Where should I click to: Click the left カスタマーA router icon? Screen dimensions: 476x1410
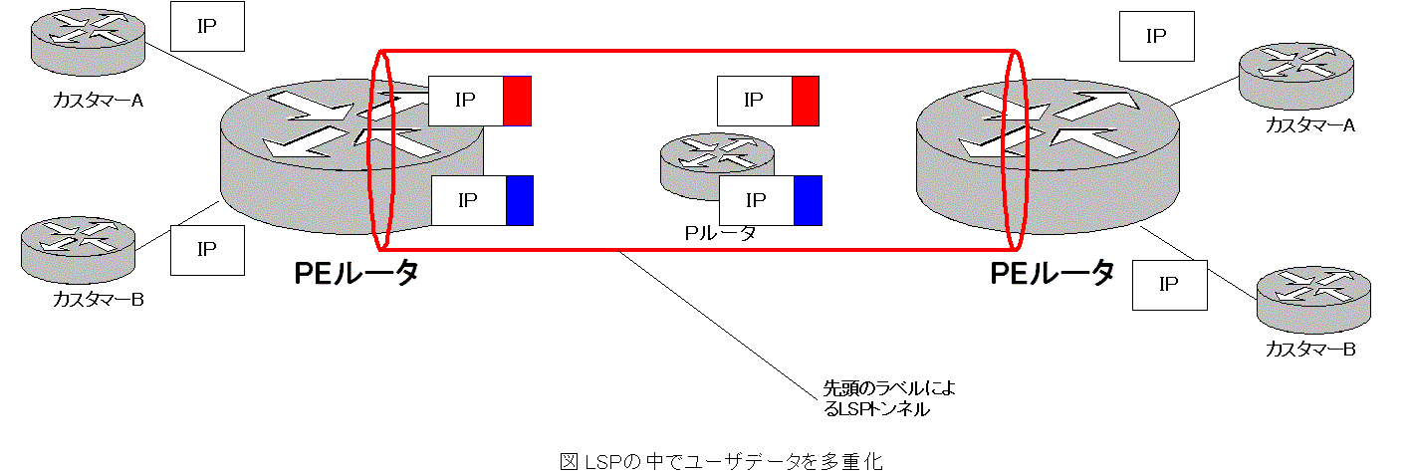pyautogui.click(x=86, y=46)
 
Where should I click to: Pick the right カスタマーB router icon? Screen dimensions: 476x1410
pyautogui.click(x=1313, y=299)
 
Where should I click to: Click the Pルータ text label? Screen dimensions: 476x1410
pyautogui.click(x=719, y=233)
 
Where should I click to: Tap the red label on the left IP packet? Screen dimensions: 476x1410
pyautogui.click(x=517, y=101)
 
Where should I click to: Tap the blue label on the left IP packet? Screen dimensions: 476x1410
pyautogui.click(x=520, y=200)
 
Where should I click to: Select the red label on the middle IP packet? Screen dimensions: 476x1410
pyautogui.click(x=805, y=101)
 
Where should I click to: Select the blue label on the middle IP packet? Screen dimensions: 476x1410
pyautogui.click(x=808, y=200)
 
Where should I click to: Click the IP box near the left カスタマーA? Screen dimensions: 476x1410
pyautogui.click(x=207, y=26)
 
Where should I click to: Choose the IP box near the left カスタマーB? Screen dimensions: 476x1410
pyautogui.click(x=207, y=250)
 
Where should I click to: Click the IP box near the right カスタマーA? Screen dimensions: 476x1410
pyautogui.click(x=1156, y=37)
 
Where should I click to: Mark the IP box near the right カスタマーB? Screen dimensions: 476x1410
pyautogui.click(x=1170, y=285)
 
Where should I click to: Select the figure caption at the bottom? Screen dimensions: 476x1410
pyautogui.click(x=722, y=461)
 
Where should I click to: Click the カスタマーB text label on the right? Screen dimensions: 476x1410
pyautogui.click(x=1310, y=349)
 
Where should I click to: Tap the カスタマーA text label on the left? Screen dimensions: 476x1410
pyautogui.click(x=99, y=100)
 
